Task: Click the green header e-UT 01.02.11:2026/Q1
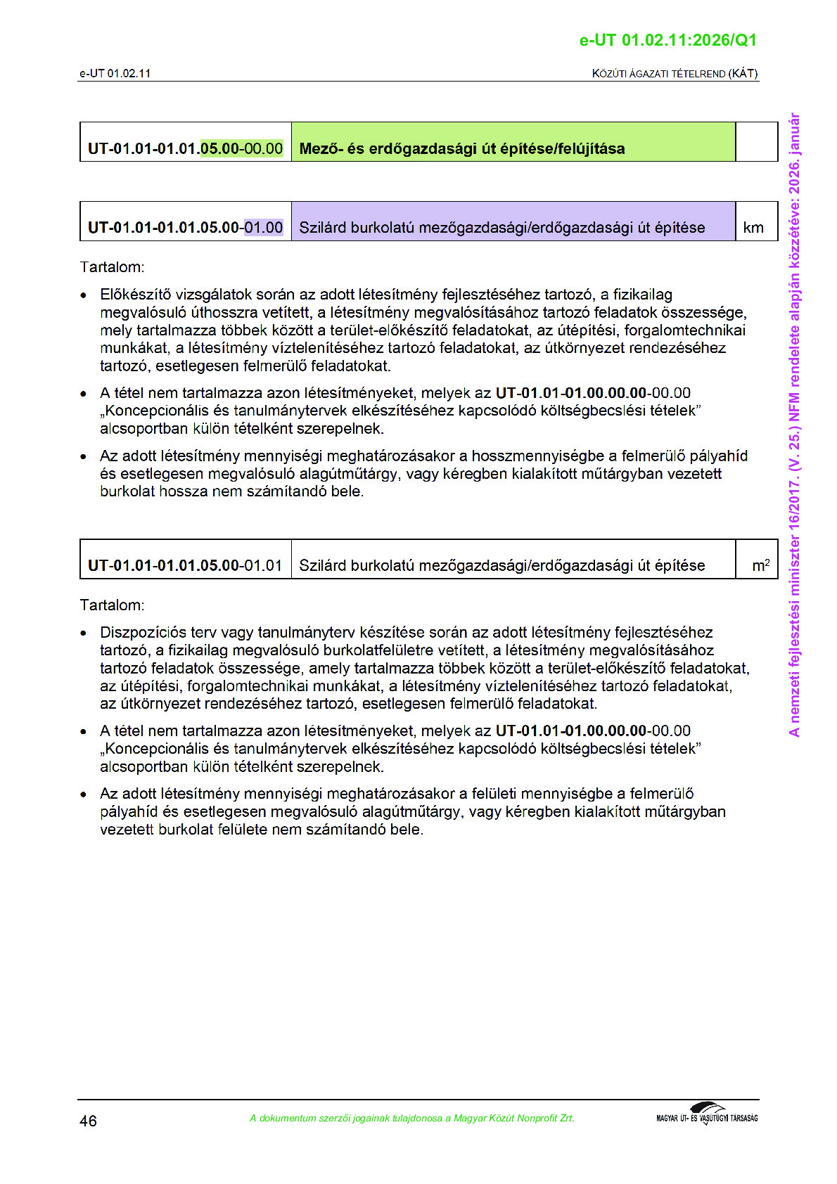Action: pos(667,40)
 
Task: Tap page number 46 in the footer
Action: pos(88,1121)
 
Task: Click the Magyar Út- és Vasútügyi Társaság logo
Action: pos(707,1114)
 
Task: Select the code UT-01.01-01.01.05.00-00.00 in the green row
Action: pos(185,148)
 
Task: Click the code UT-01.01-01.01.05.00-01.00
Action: pos(185,227)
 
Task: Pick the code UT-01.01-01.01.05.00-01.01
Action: pos(185,565)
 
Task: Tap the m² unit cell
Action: pos(760,565)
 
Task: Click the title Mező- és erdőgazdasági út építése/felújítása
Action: pos(461,148)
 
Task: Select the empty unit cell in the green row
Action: pos(756,142)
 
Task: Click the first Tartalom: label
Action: pos(112,267)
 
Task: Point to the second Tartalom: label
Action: pos(112,605)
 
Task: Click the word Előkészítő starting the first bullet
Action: pos(135,295)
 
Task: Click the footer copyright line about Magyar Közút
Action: pos(411,1118)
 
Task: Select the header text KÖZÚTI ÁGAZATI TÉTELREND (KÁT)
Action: pos(675,73)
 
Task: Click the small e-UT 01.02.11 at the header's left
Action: pos(115,73)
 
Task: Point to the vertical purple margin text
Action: pos(794,425)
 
